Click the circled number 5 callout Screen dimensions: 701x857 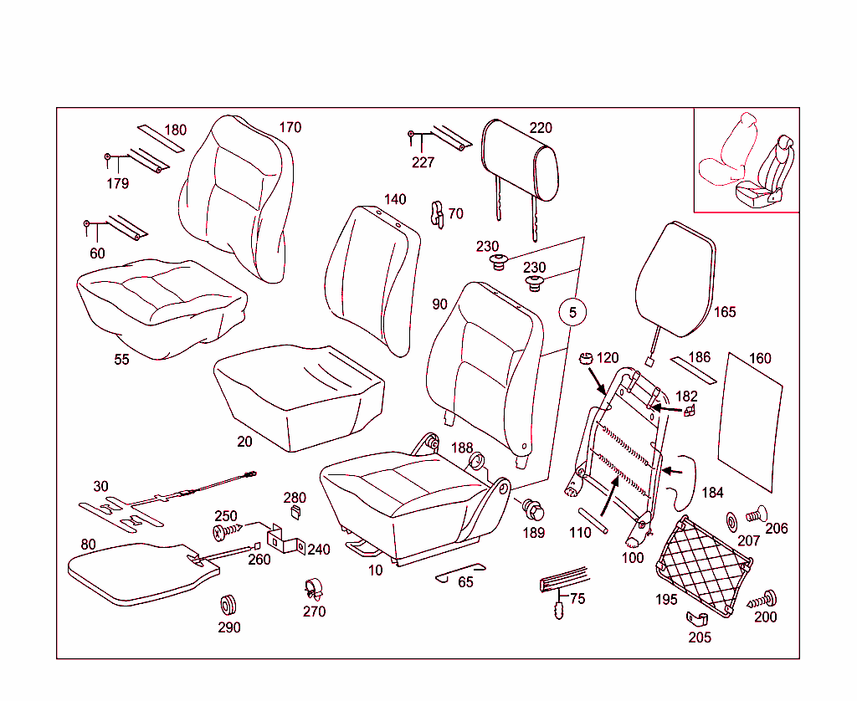point(572,313)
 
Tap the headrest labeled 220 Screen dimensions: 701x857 point(520,161)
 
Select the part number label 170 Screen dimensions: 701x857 point(290,128)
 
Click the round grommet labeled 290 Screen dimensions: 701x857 point(228,603)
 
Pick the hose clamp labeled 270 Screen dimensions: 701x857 point(312,589)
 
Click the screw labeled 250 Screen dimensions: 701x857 point(228,530)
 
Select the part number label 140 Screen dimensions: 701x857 point(395,200)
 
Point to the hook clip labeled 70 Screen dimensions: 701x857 point(436,214)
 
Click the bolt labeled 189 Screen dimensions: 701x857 point(532,509)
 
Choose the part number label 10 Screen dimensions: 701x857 point(376,571)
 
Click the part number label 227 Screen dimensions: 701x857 point(423,163)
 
